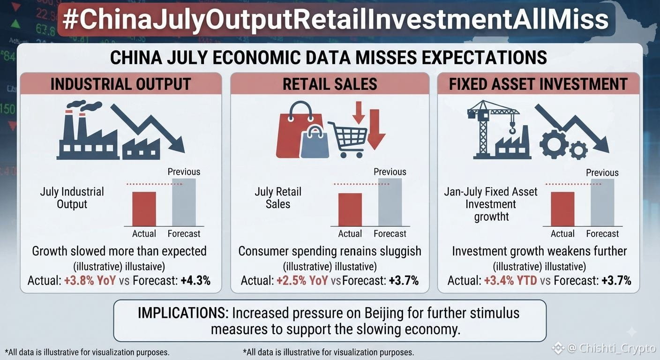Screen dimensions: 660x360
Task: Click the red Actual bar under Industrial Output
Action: tap(144, 209)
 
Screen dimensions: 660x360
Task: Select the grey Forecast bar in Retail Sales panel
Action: tap(390, 202)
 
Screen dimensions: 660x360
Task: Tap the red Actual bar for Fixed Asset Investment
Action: tap(562, 209)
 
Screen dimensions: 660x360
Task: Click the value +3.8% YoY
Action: tap(90, 280)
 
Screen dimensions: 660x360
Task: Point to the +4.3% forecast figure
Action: tap(195, 280)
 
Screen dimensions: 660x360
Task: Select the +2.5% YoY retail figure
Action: tap(302, 280)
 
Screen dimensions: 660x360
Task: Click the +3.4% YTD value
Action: tap(510, 280)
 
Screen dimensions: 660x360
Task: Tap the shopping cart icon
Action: tap(348, 140)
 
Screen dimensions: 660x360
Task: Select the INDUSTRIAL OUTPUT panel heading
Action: tap(121, 84)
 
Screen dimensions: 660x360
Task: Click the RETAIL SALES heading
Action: tap(330, 84)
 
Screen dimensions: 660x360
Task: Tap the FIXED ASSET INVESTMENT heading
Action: tap(538, 84)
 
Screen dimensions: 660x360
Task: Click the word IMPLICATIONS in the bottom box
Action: tap(183, 313)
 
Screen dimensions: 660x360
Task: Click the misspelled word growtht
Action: tap(491, 217)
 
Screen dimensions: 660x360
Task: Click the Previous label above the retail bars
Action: tap(390, 172)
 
